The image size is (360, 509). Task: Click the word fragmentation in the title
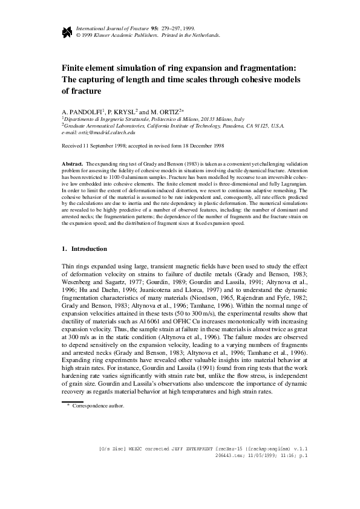(261, 68)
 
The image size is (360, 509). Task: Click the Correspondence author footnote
(98, 406)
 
